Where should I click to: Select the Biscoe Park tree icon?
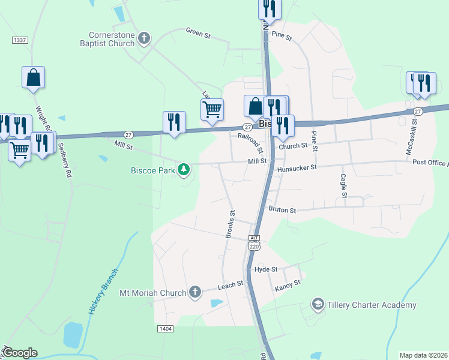tap(184, 170)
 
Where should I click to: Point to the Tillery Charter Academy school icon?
tap(318, 305)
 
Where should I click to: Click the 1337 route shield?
tap(20, 40)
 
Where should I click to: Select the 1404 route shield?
tap(166, 329)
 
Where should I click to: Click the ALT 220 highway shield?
tap(255, 242)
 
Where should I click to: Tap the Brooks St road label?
tap(230, 224)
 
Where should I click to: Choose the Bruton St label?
tap(282, 211)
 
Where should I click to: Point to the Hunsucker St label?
tap(297, 169)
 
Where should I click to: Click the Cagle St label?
tap(343, 186)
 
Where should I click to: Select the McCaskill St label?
tap(412, 140)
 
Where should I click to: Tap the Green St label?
tap(198, 32)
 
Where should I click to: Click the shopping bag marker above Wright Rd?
tap(34, 78)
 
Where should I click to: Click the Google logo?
tap(20, 353)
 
